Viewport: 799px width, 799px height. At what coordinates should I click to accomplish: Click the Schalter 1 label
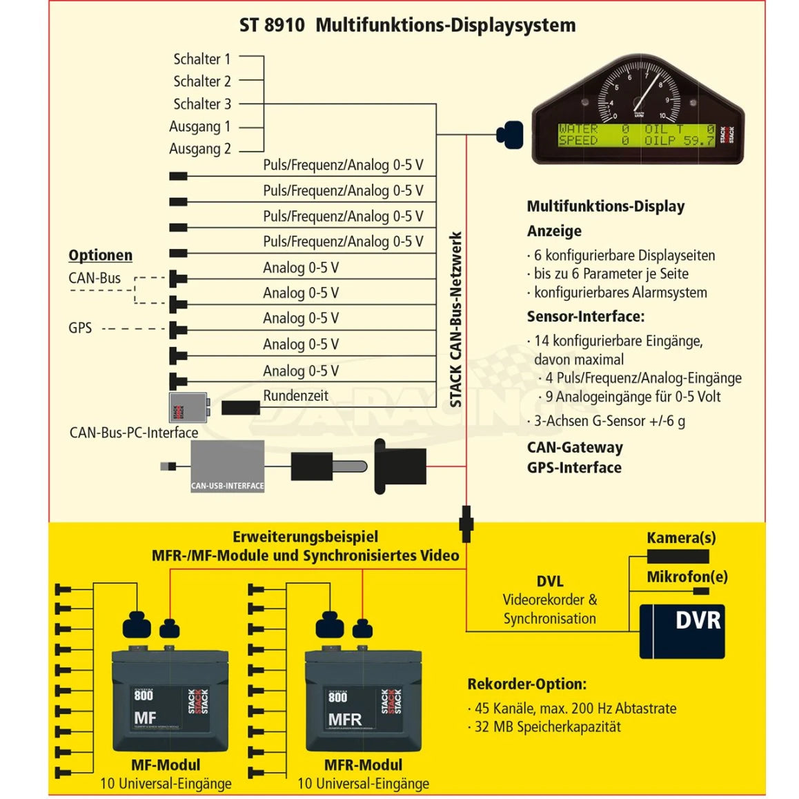(201, 59)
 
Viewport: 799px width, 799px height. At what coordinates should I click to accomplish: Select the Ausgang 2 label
(200, 149)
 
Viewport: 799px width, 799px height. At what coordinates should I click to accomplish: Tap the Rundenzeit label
(295, 396)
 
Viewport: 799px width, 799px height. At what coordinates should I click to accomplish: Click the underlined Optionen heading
(100, 255)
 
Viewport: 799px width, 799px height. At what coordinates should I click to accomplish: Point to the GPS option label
(80, 328)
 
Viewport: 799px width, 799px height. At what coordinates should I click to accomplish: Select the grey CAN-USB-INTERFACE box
(228, 466)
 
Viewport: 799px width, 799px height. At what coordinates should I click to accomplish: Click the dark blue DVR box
(682, 631)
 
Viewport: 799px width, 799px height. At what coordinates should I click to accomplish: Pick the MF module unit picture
(170, 700)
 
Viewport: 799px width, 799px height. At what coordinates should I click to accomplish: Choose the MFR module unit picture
(363, 700)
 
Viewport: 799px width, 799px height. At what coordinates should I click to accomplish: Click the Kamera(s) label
(681, 538)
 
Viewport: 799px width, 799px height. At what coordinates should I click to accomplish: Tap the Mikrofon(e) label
(687, 577)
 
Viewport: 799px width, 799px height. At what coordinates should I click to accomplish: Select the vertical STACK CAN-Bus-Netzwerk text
(456, 319)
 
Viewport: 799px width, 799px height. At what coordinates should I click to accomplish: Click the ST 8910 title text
(407, 26)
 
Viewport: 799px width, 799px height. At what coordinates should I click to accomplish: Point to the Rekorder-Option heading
(526, 684)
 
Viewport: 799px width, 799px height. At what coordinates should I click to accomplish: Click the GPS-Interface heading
(574, 468)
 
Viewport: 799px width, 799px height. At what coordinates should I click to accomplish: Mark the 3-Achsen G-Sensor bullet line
(606, 421)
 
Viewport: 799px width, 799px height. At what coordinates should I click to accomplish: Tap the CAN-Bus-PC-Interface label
(134, 433)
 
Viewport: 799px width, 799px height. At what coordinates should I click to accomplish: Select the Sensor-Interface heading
(585, 317)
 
